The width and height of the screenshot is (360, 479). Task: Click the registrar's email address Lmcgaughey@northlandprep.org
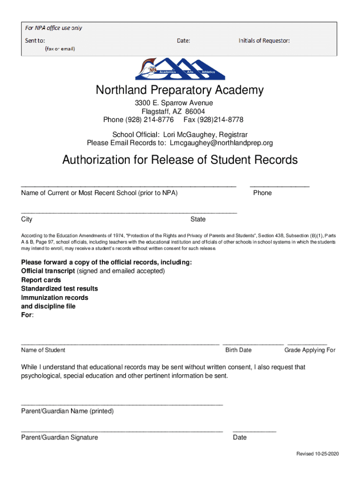point(221,143)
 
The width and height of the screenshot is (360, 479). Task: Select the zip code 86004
point(195,111)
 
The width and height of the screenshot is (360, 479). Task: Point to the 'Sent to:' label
point(35,41)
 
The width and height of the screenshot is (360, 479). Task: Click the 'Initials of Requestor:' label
point(264,41)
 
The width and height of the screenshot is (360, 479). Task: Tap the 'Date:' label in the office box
point(183,41)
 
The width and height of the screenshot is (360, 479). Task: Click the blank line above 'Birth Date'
point(253,344)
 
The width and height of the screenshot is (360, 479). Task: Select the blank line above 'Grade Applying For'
point(307,344)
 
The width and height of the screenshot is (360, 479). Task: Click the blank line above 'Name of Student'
point(120,344)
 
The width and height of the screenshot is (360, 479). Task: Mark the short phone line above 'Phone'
point(280,187)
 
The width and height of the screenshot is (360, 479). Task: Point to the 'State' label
point(198,219)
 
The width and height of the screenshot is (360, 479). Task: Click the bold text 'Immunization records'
point(55,298)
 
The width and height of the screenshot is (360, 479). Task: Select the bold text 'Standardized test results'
point(59,289)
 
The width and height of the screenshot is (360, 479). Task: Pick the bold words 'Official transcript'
point(48,271)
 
